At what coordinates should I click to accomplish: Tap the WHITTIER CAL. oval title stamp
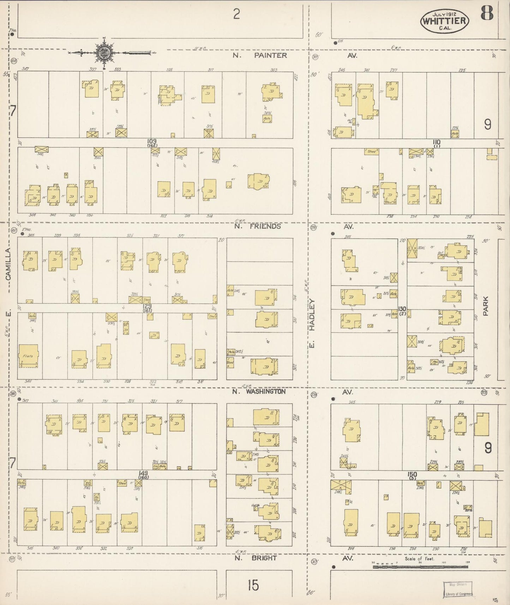tap(444, 21)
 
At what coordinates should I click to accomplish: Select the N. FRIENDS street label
tap(258, 226)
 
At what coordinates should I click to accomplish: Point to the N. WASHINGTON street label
tap(259, 391)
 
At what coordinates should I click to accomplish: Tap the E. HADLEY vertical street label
tap(312, 323)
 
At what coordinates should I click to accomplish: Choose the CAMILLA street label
tap(8, 264)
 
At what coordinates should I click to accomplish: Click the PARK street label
tap(486, 306)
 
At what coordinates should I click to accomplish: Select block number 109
tap(152, 141)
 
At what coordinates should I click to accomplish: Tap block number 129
tap(147, 306)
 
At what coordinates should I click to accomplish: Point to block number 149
tap(143, 473)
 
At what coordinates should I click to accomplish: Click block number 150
tap(412, 474)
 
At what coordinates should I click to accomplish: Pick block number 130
tap(402, 309)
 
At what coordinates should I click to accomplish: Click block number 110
tap(437, 142)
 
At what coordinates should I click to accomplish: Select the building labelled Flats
tap(28, 356)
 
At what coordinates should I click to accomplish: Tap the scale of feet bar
tap(420, 567)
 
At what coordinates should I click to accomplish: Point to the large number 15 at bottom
tap(253, 585)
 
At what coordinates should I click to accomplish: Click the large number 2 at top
tap(236, 14)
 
